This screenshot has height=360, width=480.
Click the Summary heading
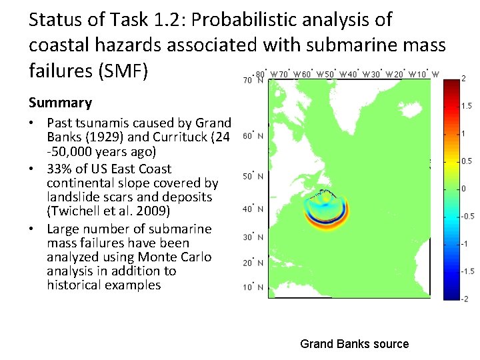[x=60, y=103]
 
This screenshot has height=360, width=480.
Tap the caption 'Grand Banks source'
[x=354, y=344]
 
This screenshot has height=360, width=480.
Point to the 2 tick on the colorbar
[x=463, y=79]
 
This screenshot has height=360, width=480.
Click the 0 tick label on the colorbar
[x=463, y=189]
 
